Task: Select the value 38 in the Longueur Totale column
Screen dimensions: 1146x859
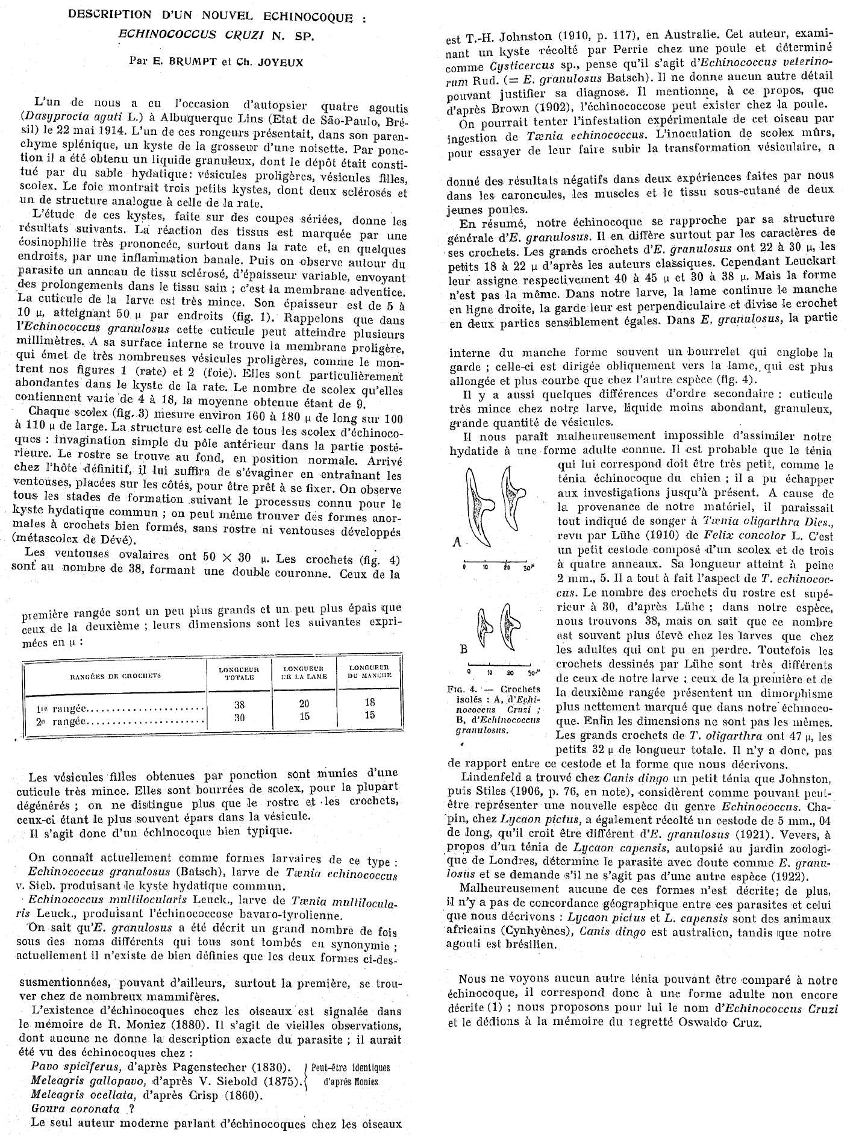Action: [x=239, y=705]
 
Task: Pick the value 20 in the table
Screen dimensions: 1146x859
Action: [x=304, y=704]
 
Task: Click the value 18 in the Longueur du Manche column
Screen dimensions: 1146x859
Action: [x=370, y=702]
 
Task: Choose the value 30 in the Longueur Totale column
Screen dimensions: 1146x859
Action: [x=239, y=717]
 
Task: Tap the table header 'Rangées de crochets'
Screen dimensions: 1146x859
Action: [x=116, y=675]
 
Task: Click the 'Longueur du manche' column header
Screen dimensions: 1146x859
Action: [x=370, y=671]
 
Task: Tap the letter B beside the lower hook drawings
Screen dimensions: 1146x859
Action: [x=464, y=650]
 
